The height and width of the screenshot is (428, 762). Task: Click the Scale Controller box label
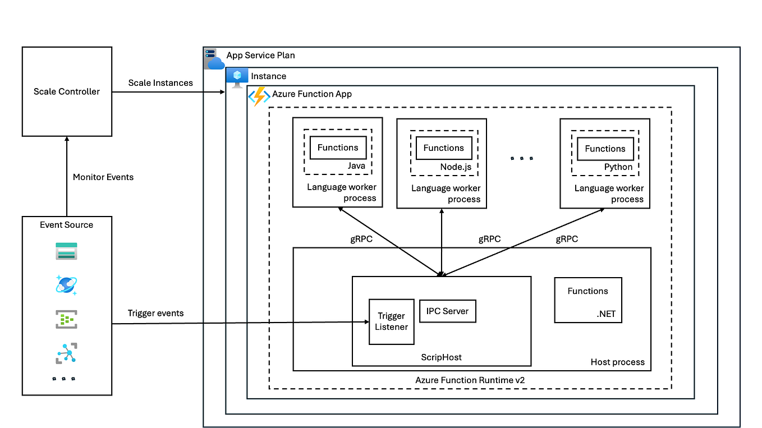pyautogui.click(x=67, y=91)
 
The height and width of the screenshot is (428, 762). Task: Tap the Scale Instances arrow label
pyautogui.click(x=160, y=82)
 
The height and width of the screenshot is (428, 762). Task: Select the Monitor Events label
pyautogui.click(x=103, y=177)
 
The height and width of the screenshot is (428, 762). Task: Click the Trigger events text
pyautogui.click(x=155, y=313)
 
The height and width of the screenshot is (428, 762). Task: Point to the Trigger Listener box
pyautogui.click(x=392, y=321)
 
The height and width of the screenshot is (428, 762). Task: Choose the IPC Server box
pyautogui.click(x=447, y=311)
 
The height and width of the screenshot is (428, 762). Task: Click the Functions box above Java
pyautogui.click(x=338, y=148)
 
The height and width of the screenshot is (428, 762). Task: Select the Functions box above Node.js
pyautogui.click(x=443, y=148)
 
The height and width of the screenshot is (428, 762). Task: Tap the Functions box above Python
pyautogui.click(x=605, y=149)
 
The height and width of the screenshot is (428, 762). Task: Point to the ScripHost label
pyautogui.click(x=442, y=357)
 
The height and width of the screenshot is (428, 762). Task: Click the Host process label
pyautogui.click(x=617, y=362)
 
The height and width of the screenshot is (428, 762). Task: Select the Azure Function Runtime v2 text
pyautogui.click(x=470, y=380)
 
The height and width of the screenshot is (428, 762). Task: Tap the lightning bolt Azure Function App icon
pyautogui.click(x=259, y=96)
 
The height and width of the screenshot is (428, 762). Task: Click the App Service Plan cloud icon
pyautogui.click(x=214, y=59)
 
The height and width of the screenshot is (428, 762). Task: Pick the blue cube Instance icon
pyautogui.click(x=237, y=77)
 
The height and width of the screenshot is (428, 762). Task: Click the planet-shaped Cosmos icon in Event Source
pyautogui.click(x=66, y=285)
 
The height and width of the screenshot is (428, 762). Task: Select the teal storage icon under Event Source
pyautogui.click(x=66, y=251)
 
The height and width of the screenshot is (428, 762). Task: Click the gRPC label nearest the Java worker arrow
pyautogui.click(x=361, y=238)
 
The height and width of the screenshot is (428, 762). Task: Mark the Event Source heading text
pyautogui.click(x=66, y=224)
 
